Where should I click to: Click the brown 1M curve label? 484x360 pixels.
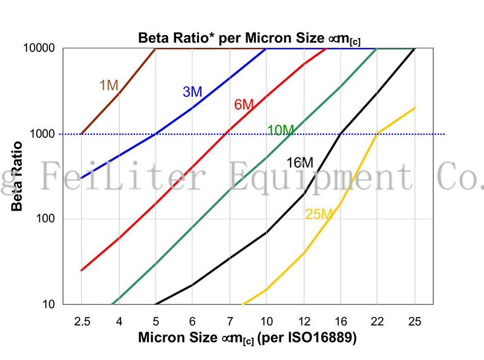click(109, 85)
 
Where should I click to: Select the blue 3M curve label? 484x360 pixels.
click(192, 92)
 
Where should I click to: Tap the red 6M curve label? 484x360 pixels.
click(244, 105)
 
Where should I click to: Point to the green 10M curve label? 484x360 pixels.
click(281, 130)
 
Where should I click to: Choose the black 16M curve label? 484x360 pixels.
click(300, 162)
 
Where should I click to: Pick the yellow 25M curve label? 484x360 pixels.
click(319, 214)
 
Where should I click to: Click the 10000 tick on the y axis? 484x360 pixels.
click(41, 48)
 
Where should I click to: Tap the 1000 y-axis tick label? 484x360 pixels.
click(44, 134)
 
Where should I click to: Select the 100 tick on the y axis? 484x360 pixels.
click(46, 219)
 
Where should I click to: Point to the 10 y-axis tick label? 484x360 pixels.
click(49, 304)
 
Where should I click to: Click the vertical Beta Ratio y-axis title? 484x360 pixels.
click(18, 176)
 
